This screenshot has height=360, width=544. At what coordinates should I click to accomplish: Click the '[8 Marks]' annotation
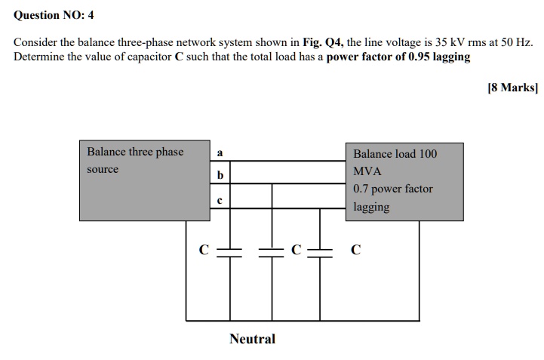512,88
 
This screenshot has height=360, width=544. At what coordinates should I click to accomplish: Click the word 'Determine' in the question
39,57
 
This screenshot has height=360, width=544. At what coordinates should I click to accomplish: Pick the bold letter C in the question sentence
179,57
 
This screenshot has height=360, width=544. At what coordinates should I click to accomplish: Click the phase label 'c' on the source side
220,200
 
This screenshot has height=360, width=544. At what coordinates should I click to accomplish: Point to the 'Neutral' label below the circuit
252,339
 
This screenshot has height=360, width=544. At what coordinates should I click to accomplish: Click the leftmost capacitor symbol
229,251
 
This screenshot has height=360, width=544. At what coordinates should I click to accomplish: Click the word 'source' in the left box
103,169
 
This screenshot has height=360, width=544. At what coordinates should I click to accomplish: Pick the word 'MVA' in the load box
367,171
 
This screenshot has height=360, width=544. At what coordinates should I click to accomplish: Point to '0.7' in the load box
361,189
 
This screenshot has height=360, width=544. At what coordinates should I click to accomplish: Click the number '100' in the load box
428,154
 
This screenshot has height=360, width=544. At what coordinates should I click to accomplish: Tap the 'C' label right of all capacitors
356,250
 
